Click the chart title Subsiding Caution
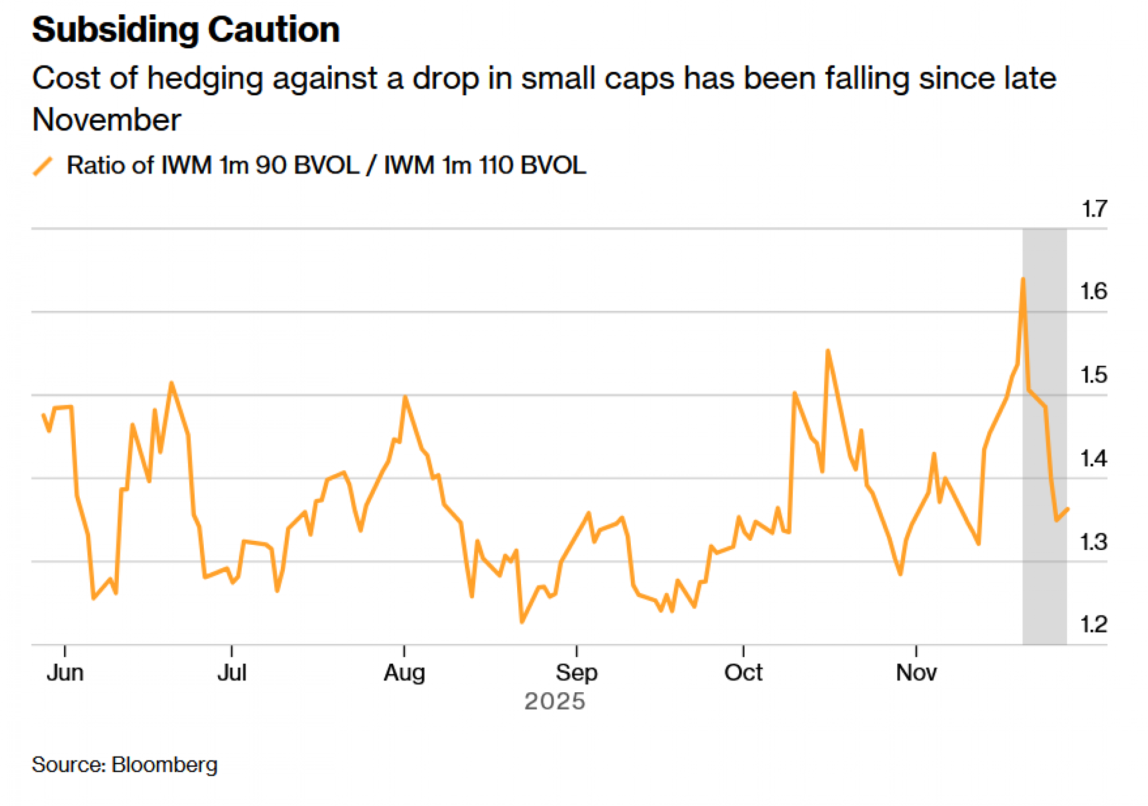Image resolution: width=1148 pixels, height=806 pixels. click(185, 30)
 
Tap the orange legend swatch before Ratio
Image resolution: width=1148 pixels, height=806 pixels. click(43, 166)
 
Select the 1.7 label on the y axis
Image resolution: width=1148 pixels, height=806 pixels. click(1093, 209)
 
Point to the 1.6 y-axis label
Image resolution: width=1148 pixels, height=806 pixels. click(1093, 292)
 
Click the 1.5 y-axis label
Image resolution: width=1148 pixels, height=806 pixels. click(1093, 375)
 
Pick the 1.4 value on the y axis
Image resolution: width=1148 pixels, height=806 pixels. click(1093, 459)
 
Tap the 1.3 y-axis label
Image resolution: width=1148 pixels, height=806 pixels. click(1093, 542)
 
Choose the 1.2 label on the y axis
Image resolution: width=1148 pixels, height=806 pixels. click(1093, 625)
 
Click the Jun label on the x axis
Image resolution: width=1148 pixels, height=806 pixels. click(65, 672)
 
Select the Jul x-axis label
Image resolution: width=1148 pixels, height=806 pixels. click(232, 672)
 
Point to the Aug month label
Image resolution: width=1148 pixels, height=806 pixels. click(404, 672)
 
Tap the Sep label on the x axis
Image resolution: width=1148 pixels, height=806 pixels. click(576, 672)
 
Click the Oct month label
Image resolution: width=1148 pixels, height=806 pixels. click(743, 672)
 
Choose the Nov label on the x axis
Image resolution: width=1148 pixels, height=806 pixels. click(916, 672)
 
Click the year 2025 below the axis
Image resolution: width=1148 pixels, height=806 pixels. click(554, 702)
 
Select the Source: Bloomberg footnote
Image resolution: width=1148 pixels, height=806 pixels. click(125, 765)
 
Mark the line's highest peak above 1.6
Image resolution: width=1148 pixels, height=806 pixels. click(1023, 280)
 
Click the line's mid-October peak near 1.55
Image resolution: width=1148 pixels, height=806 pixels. click(828, 351)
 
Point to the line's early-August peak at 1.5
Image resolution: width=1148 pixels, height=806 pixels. click(405, 397)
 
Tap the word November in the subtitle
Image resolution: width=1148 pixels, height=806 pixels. click(107, 120)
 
